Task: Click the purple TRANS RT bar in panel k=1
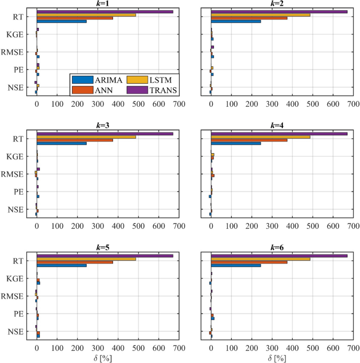105,12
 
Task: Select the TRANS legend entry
152,90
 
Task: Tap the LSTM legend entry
152,80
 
